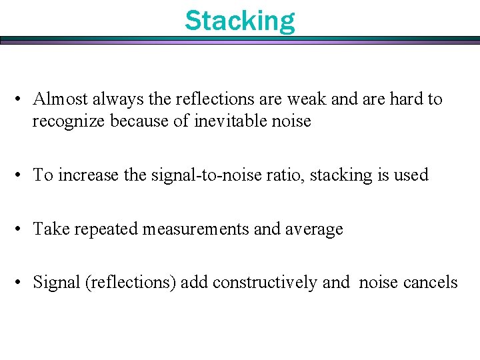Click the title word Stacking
coord(239,21)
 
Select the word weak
coord(307,99)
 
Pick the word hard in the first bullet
coord(406,99)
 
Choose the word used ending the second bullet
coord(410,175)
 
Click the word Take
coord(52,229)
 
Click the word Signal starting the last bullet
coord(57,283)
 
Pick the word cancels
coord(431,283)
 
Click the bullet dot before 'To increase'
coord(23,176)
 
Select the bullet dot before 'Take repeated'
coord(23,230)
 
